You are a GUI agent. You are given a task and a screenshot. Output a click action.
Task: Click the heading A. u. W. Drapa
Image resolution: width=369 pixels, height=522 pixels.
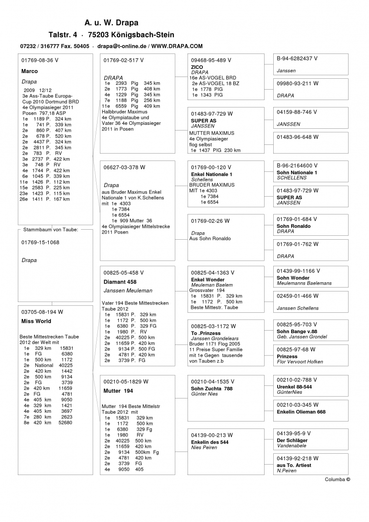pos(111,23)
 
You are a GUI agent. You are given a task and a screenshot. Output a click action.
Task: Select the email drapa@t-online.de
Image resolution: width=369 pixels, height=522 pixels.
pos(121,46)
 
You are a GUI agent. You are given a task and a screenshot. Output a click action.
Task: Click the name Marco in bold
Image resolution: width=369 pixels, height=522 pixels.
pos(30,71)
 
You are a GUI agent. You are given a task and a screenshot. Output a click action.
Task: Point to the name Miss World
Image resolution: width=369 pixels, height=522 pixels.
pos(36,321)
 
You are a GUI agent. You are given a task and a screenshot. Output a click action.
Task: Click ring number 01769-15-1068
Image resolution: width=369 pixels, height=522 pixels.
pos(40,242)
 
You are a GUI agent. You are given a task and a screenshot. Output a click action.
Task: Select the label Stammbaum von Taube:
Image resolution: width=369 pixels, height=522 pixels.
pos(50,229)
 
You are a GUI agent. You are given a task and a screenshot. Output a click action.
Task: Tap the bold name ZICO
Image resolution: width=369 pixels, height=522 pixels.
pos(197,67)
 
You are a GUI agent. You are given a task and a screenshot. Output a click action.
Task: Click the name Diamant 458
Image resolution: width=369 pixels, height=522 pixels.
pos(120,282)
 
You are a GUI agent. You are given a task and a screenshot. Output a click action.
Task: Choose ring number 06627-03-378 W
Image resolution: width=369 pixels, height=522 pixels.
pos(124,167)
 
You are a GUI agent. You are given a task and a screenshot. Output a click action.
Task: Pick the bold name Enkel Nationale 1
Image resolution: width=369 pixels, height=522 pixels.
pos(212,174)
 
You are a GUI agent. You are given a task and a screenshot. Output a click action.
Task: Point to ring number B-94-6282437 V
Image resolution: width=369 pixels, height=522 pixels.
pos(297,58)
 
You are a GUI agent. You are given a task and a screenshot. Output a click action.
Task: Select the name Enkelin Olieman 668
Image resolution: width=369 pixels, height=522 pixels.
pos(301,412)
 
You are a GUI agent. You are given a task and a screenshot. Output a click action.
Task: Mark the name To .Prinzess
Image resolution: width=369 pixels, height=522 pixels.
pos(206,333)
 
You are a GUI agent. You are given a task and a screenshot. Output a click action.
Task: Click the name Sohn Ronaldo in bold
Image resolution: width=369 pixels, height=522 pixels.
pos(294,226)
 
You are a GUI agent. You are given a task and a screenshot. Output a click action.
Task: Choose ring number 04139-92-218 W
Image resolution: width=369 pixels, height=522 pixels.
pos(298,458)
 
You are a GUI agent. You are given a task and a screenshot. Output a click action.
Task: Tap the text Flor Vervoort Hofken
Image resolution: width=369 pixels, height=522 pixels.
pos(300,361)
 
